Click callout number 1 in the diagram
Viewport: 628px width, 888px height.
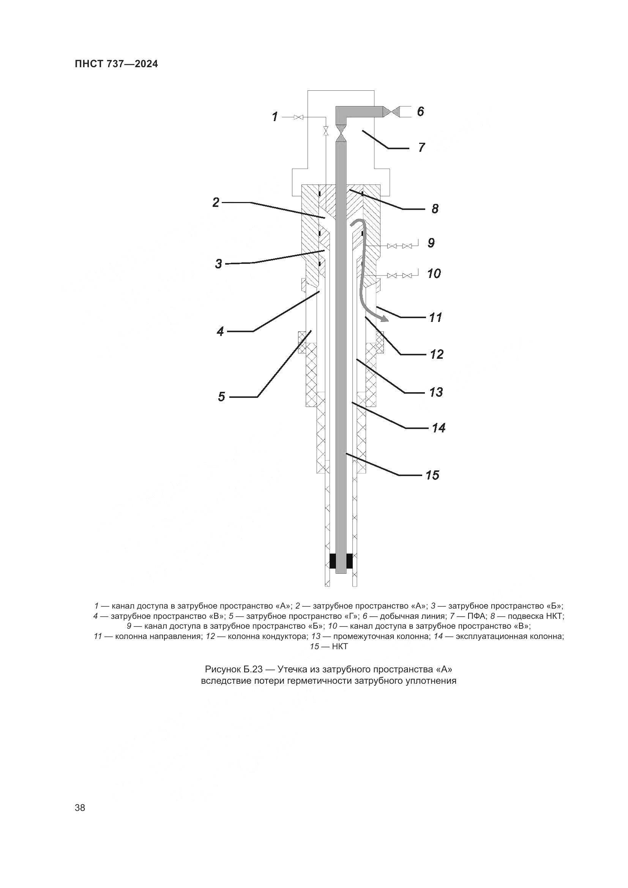click(275, 117)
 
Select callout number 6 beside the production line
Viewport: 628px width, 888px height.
click(420, 111)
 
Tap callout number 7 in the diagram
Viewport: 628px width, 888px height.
click(421, 147)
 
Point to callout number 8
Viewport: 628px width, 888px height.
click(435, 209)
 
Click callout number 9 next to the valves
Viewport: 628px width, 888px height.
click(431, 243)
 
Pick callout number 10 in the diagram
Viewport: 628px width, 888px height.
click(434, 274)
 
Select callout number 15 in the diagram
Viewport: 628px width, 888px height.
click(432, 475)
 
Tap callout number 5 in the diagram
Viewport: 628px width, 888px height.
click(221, 397)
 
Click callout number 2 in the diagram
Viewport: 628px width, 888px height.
click(216, 202)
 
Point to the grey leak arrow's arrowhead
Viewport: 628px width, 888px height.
click(384, 319)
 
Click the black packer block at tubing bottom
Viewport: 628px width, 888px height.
click(341, 561)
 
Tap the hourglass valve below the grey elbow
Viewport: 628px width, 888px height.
click(341, 132)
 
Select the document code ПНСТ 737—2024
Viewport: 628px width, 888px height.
click(117, 64)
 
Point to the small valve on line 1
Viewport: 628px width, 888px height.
click(298, 117)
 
